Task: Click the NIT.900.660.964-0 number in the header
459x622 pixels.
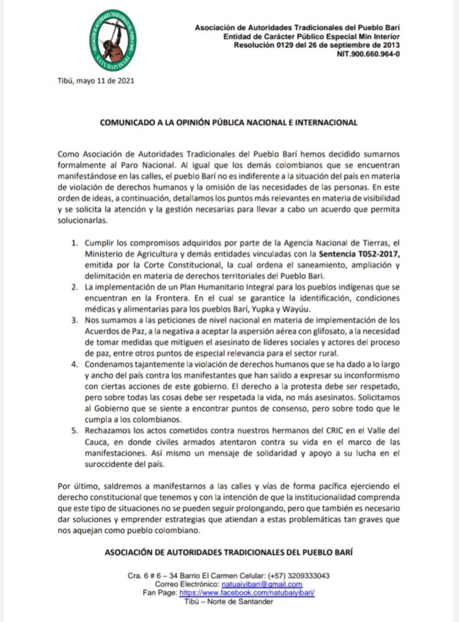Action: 368,54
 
